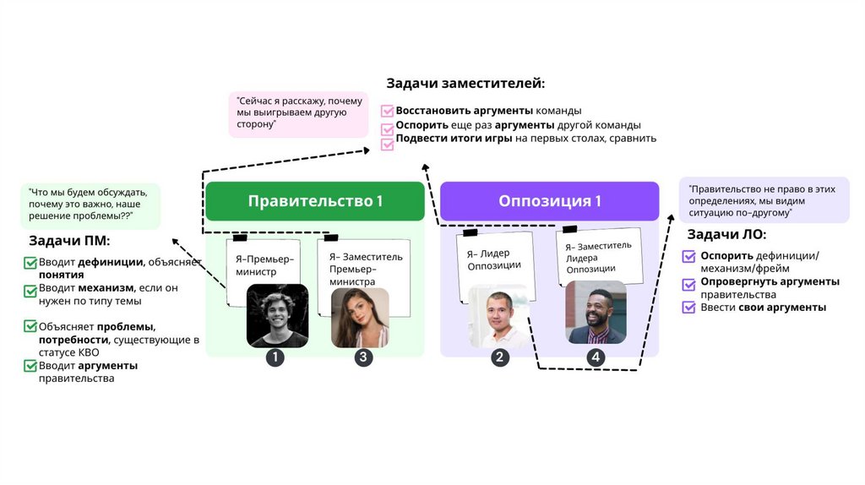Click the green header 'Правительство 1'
click(315, 201)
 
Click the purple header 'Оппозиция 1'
click(550, 201)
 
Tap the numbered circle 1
click(275, 357)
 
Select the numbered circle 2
click(500, 357)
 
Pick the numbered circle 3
click(363, 357)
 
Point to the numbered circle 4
click(596, 357)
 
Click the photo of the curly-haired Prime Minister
click(277, 316)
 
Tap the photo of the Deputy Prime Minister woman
click(361, 317)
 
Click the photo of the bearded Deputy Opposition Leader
click(596, 313)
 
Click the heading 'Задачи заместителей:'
click(465, 84)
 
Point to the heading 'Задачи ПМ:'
click(66, 241)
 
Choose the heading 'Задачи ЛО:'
click(726, 235)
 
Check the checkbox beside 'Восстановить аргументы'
click(388, 111)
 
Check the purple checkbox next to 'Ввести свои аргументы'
click(688, 308)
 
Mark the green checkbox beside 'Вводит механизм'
click(30, 289)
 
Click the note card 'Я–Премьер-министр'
click(264, 264)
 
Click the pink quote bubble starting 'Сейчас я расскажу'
click(299, 114)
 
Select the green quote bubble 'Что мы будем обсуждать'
click(90, 205)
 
